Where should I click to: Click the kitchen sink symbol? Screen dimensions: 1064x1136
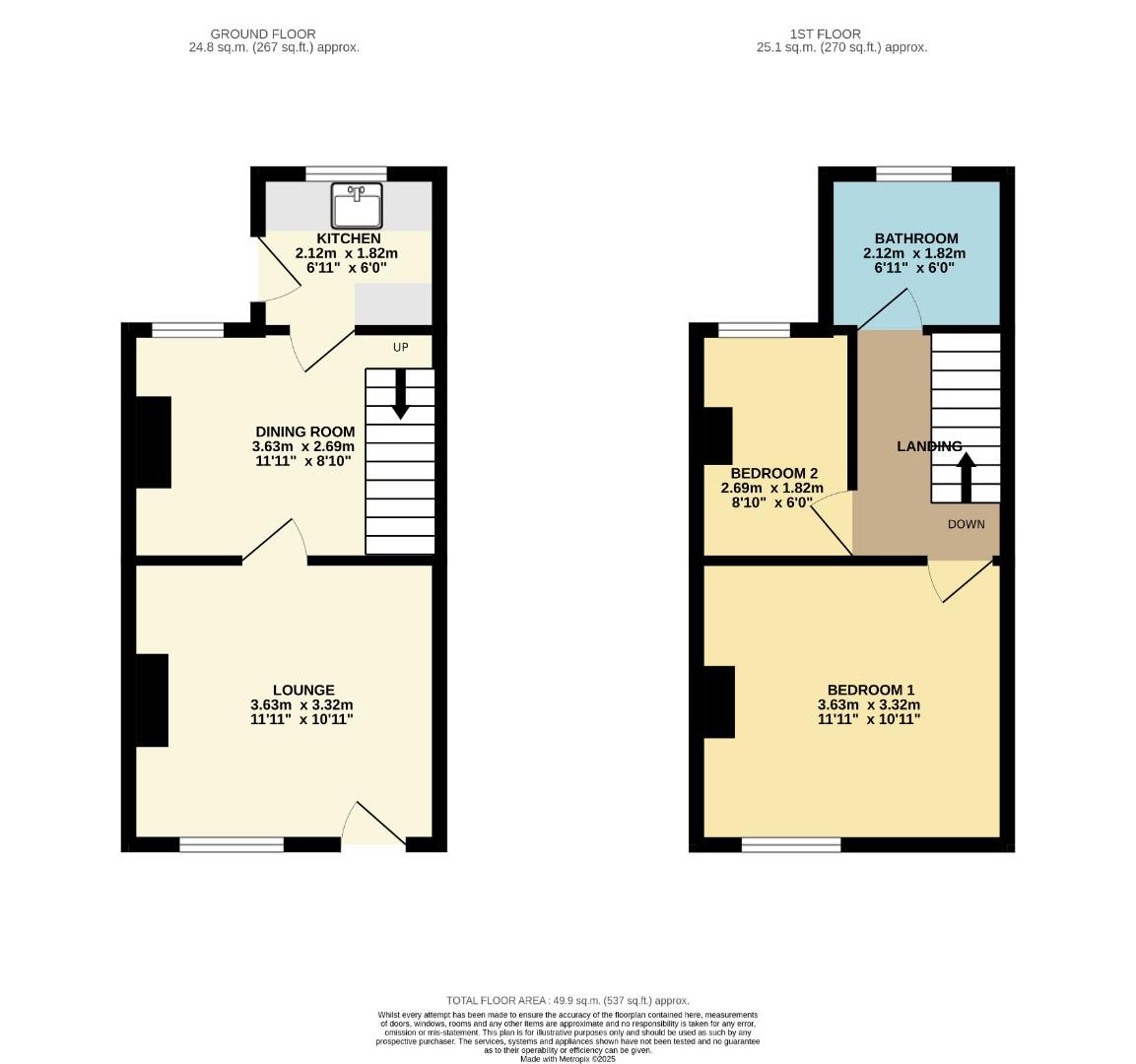coord(357,206)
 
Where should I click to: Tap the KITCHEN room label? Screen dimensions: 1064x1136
coord(348,238)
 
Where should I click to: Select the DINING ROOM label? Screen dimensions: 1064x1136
coord(304,432)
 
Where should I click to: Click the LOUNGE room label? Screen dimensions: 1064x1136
coord(303,691)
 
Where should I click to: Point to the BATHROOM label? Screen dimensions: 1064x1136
coord(916,238)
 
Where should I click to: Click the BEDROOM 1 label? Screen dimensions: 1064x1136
coord(870,691)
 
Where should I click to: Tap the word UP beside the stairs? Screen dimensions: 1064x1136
coord(400,347)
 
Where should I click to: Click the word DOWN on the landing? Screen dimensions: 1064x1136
coord(966,524)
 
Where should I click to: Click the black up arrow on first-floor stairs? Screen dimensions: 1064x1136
coord(966,477)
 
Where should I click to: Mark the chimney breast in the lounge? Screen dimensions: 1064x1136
coord(152,699)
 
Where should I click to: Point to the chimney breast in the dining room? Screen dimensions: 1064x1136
coord(154,441)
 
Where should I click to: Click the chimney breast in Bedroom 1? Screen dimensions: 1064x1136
coord(719,701)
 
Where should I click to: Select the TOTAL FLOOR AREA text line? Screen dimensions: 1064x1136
coord(568,1000)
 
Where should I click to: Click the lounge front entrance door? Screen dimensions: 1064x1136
coord(374,826)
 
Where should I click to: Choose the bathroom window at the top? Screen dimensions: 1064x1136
coord(914,174)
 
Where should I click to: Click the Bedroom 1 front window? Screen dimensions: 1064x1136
coord(791,844)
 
